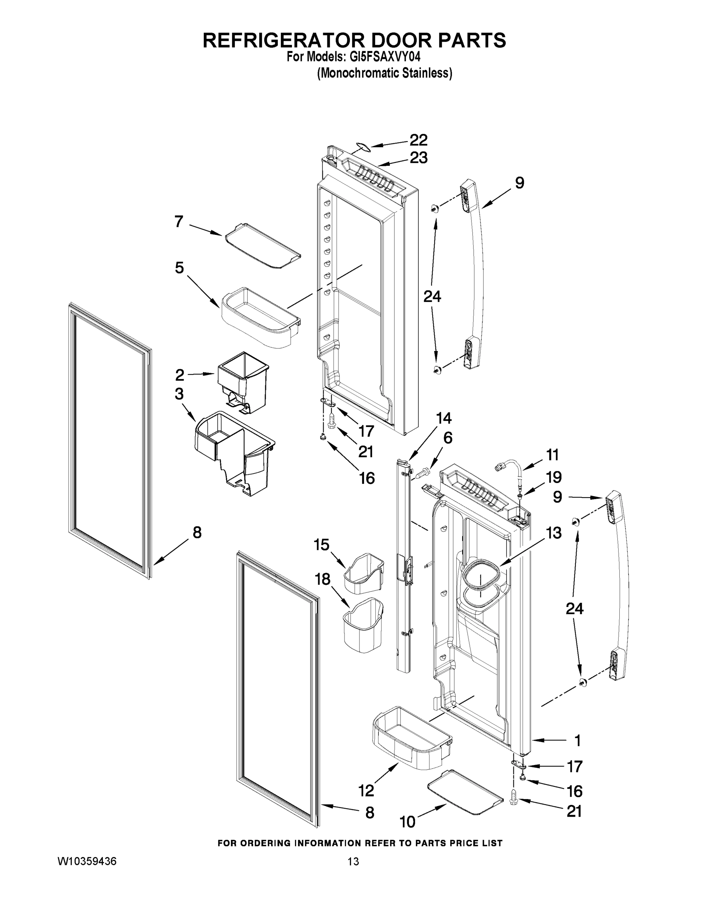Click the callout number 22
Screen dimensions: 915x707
(x=418, y=140)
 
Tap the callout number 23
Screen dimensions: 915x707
(x=418, y=158)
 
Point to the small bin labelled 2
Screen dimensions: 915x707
(x=243, y=380)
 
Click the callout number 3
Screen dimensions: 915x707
(x=179, y=394)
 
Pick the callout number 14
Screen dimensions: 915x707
(x=444, y=418)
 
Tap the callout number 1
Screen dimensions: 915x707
(x=577, y=741)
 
